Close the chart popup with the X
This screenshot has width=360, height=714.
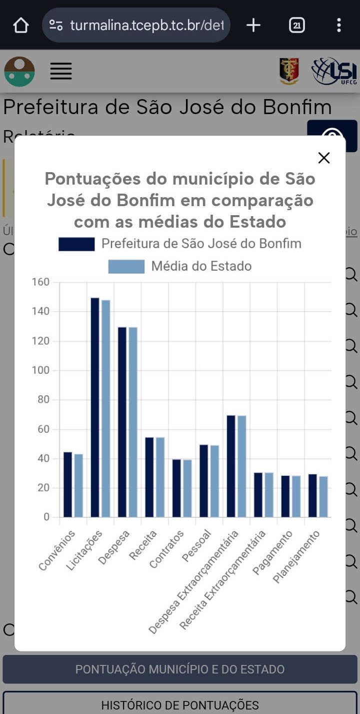point(324,158)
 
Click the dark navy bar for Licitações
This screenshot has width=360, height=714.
point(95,407)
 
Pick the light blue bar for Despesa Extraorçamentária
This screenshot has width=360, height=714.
point(241,466)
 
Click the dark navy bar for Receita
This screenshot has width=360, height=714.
point(149,477)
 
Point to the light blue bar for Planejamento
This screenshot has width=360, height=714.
point(323,496)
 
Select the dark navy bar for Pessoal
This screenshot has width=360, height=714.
point(203,481)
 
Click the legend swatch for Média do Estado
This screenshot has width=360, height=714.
point(126,266)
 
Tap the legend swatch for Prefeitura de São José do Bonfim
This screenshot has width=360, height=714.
point(76,244)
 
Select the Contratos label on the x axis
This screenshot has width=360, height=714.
point(167,548)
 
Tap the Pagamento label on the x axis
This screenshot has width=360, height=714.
point(272,552)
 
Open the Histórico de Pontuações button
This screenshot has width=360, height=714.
point(180,704)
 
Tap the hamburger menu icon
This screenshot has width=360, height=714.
point(61,71)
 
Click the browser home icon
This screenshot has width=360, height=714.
point(21,25)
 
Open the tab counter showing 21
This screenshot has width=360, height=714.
point(297,25)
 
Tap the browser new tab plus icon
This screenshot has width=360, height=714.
point(253,25)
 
